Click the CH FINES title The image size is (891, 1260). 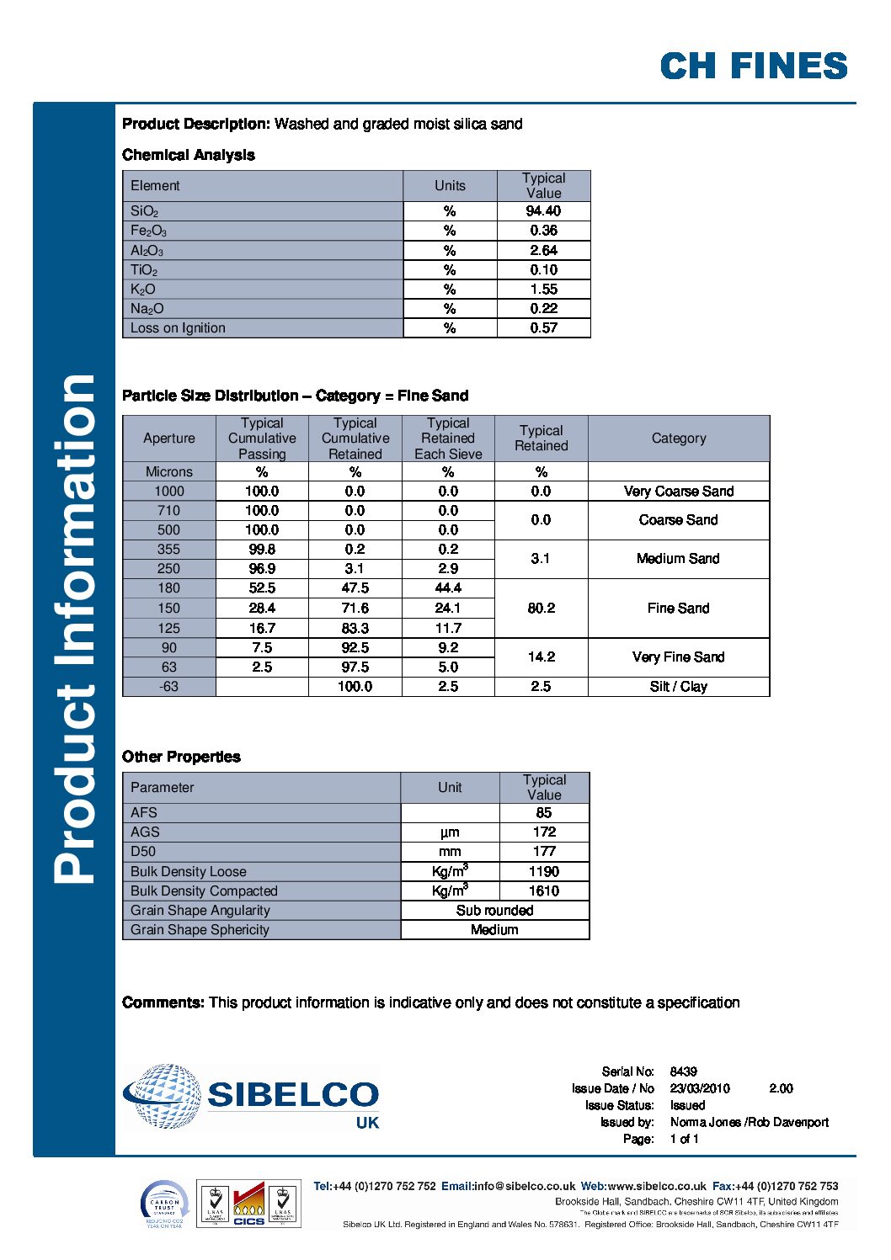point(753,66)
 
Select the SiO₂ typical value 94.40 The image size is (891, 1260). point(543,211)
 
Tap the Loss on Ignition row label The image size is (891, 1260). point(178,328)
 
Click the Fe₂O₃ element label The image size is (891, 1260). point(148,231)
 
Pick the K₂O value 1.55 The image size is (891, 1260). point(543,290)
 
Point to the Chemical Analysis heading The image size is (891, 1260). point(188,155)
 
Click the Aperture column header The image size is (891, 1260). point(168,439)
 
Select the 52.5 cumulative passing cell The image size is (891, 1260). point(262,588)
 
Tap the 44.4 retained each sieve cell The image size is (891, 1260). point(448,588)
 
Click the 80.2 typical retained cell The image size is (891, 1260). point(541,608)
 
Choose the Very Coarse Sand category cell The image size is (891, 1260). point(678,492)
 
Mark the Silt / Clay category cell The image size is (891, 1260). point(678,687)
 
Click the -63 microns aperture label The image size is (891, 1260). point(168,687)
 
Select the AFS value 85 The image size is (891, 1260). point(544,813)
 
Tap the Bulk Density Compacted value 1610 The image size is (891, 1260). point(544,891)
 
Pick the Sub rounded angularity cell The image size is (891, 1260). point(494,911)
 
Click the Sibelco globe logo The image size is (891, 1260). point(163,1095)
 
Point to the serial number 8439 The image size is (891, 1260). point(683,1071)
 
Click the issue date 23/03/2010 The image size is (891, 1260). point(700,1088)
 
